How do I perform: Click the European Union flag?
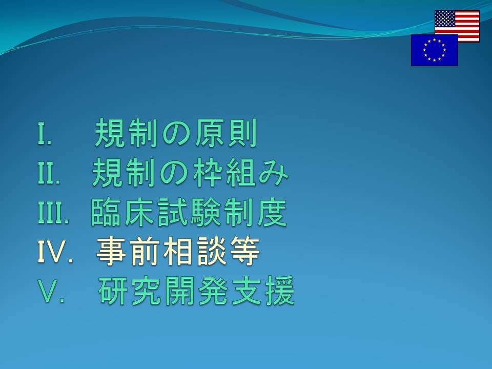click(435, 50)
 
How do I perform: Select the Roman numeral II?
click(49, 173)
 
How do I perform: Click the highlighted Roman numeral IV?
click(55, 251)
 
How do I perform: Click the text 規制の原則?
click(176, 133)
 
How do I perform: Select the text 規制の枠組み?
click(190, 173)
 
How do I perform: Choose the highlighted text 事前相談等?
click(178, 251)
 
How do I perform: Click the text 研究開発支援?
click(196, 291)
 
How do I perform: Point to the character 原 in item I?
click(209, 133)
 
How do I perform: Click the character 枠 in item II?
click(207, 173)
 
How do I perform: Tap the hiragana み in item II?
click(273, 173)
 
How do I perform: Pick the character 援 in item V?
click(280, 291)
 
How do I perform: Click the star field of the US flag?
click(445, 19)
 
